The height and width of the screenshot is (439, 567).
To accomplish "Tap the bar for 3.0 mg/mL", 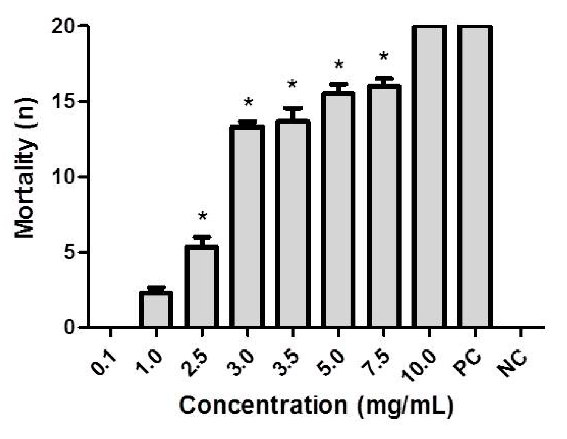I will [247, 227].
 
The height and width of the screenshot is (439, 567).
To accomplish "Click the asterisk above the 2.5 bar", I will [202, 217].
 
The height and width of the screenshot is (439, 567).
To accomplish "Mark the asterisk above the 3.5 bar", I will [292, 84].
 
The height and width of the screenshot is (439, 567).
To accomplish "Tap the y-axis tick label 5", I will [71, 252].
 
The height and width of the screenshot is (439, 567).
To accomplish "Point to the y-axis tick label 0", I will [71, 327].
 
